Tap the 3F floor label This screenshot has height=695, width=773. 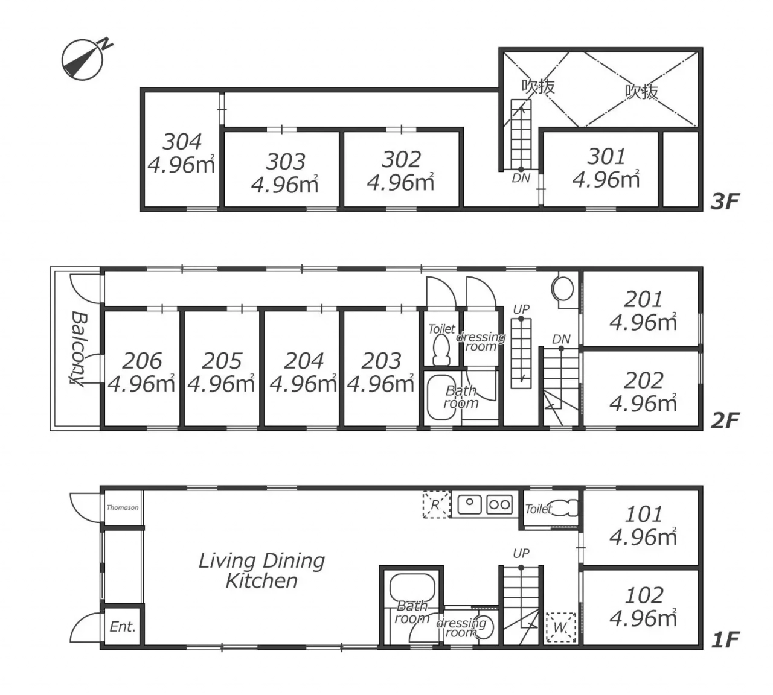click(725, 202)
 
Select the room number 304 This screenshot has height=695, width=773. click(182, 142)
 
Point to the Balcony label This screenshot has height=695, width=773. click(79, 348)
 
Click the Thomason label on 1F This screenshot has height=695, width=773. click(123, 507)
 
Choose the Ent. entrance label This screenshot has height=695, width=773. click(123, 627)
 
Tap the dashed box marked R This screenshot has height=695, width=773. click(437, 504)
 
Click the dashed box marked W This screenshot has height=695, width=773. click(561, 627)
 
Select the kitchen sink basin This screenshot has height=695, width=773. click(469, 504)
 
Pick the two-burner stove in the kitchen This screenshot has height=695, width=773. click(499, 504)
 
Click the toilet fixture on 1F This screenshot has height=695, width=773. click(565, 508)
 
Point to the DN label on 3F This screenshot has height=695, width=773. click(521, 178)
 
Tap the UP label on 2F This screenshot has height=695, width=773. click(521, 309)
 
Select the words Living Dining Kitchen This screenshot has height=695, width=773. click(261, 571)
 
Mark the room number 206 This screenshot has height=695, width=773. click(142, 361)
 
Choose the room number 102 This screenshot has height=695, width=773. click(644, 595)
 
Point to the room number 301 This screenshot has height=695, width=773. click(606, 156)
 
